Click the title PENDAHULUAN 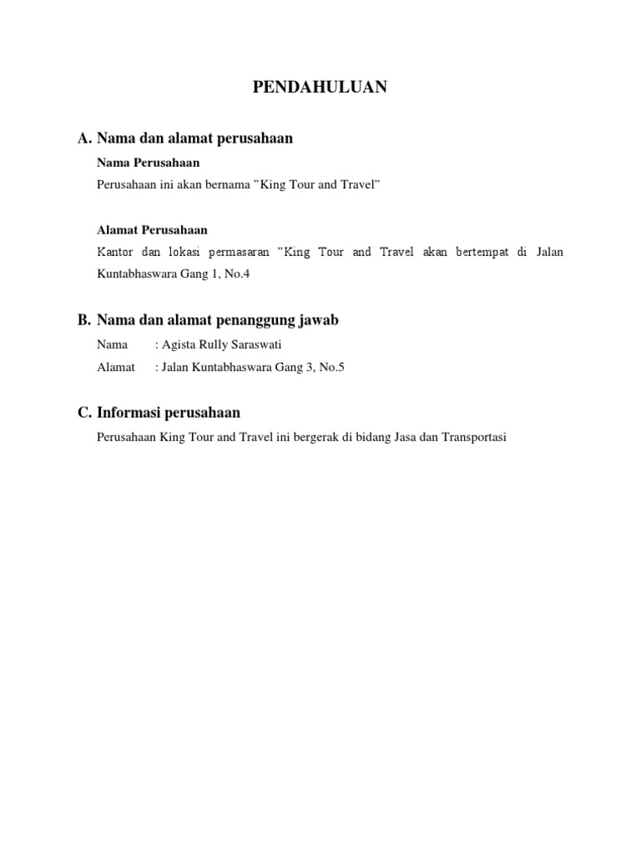coord(320,88)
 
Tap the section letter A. coord(83,138)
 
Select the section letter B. coord(83,320)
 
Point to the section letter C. coord(83,412)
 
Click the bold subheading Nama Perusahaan coord(149,163)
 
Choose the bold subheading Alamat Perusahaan coord(152,229)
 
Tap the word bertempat coord(482,251)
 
